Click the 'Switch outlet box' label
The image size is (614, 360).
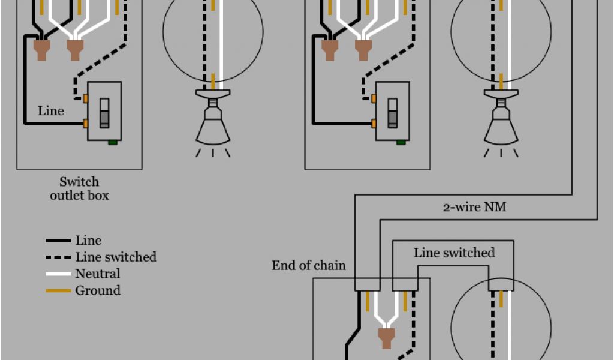tap(79, 188)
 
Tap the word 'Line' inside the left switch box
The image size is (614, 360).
tap(51, 111)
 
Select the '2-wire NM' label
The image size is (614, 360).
tap(474, 207)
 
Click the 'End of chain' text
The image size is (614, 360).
tap(309, 265)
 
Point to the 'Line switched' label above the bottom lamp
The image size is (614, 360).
tap(454, 253)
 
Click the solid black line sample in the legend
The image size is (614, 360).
tap(58, 241)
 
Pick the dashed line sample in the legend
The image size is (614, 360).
tap(58, 257)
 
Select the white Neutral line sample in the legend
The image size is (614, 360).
tap(58, 274)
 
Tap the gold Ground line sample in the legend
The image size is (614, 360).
tap(58, 291)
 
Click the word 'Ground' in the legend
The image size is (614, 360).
tap(98, 291)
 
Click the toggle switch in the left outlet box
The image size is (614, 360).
tap(104, 112)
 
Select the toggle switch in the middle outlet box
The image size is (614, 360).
tap(393, 112)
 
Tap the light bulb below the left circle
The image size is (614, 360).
tap(213, 123)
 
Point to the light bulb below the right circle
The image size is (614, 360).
tap(501, 123)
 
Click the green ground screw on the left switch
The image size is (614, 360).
tap(112, 143)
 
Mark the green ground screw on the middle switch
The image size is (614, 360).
tap(400, 143)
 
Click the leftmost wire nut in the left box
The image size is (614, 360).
tap(41, 49)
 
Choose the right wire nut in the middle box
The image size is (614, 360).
tap(362, 49)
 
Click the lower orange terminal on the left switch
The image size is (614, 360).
tap(86, 124)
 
